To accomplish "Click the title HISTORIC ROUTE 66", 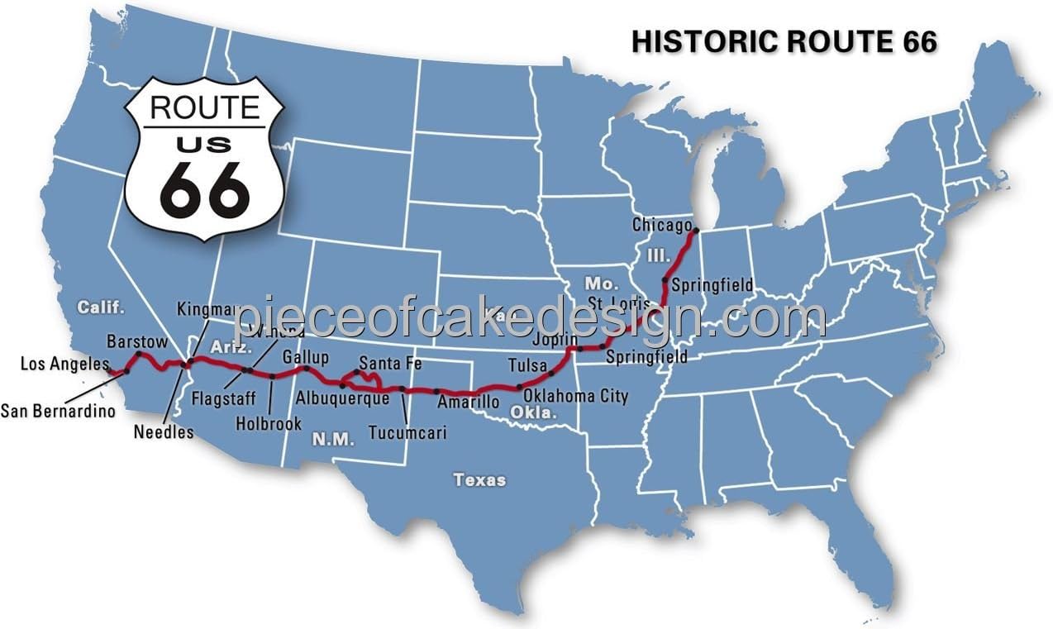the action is (x=784, y=41).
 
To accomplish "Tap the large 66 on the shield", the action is (x=204, y=188).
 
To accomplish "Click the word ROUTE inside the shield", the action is (x=204, y=107).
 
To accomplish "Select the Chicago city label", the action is (x=661, y=225).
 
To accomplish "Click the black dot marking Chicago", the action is (x=696, y=231).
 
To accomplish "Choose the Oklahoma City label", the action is (x=575, y=396).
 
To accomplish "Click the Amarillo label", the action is (x=468, y=402).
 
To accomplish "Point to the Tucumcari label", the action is (x=407, y=432).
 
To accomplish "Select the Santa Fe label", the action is (x=391, y=364).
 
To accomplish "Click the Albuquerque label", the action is (x=342, y=398).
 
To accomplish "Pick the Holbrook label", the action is (x=269, y=422).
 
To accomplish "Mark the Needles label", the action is (x=163, y=431).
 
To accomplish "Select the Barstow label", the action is (x=137, y=341).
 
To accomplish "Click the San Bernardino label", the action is (x=58, y=410).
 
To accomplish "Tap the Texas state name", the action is (x=479, y=479).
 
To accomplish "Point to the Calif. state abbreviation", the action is (x=101, y=307).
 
